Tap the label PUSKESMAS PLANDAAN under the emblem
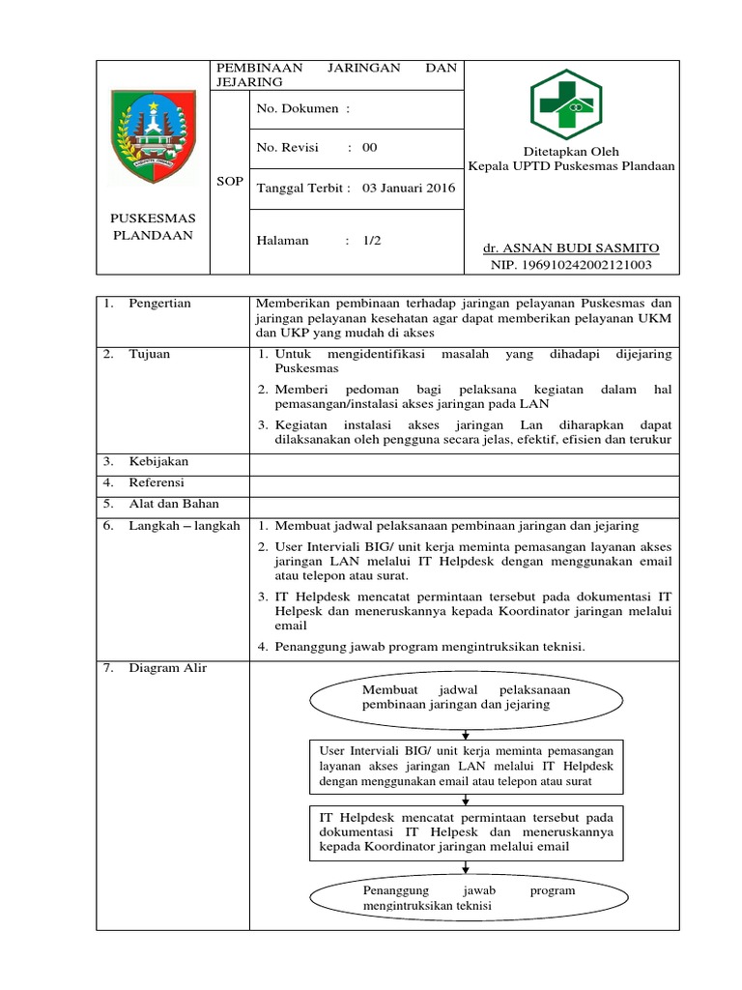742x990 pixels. click(x=154, y=226)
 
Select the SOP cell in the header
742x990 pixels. click(x=230, y=183)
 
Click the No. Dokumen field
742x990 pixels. click(x=303, y=109)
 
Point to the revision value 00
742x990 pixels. click(x=369, y=148)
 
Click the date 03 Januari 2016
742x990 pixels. click(x=408, y=189)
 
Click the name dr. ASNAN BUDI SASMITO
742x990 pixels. click(x=570, y=248)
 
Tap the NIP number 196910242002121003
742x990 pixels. click(x=570, y=264)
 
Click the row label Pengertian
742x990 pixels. click(x=160, y=304)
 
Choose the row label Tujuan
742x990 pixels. click(x=150, y=354)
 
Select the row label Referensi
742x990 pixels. click(x=157, y=482)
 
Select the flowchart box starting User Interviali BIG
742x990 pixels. click(x=466, y=765)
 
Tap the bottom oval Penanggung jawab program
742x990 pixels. click(x=468, y=898)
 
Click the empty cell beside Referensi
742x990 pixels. click(x=464, y=483)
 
